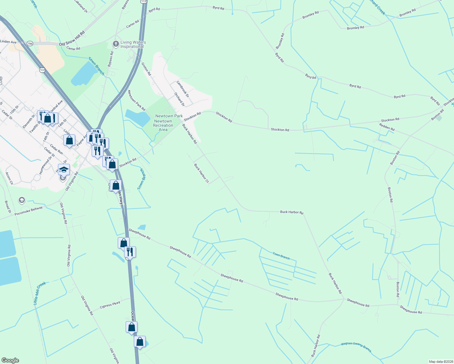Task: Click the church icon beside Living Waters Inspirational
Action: click(116, 44)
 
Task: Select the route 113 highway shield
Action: click(144, 2)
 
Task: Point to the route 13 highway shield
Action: click(42, 70)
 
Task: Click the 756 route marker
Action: click(29, 44)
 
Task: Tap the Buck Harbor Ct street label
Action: click(201, 174)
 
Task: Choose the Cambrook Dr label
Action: click(183, 89)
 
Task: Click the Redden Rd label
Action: click(387, 127)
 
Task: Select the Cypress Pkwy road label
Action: click(110, 305)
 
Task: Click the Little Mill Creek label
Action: click(39, 293)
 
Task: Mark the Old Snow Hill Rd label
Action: click(72, 38)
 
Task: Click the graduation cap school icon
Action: click(64, 170)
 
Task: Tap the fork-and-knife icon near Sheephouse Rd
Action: click(130, 251)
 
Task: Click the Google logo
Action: click(10, 360)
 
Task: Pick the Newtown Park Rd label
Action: click(136, 100)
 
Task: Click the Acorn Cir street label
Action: click(9, 178)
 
